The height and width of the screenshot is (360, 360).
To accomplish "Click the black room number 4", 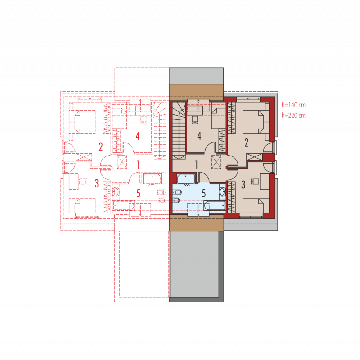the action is pyautogui.click(x=199, y=136).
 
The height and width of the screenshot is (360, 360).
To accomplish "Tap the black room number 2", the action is pyautogui.click(x=247, y=142).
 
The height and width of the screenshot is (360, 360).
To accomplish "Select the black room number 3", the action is pyautogui.click(x=243, y=184).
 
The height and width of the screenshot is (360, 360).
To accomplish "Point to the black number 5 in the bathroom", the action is pyautogui.click(x=204, y=194).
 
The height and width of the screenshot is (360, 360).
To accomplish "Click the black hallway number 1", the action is pyautogui.click(x=196, y=164).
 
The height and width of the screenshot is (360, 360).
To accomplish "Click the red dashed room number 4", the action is pyautogui.click(x=138, y=136).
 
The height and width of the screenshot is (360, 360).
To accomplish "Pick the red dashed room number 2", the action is pyautogui.click(x=101, y=147).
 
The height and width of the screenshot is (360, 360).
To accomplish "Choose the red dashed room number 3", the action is pyautogui.click(x=97, y=183).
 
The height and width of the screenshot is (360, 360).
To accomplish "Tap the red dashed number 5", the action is pyautogui.click(x=139, y=193).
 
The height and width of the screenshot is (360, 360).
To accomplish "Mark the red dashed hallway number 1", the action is pyautogui.click(x=138, y=164).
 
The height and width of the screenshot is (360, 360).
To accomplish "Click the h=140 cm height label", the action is pyautogui.click(x=293, y=105).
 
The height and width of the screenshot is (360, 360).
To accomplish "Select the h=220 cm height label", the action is pyautogui.click(x=293, y=115).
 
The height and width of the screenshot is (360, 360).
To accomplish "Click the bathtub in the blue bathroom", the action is pyautogui.click(x=214, y=205).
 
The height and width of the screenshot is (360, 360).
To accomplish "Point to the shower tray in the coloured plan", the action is pyautogui.click(x=186, y=179).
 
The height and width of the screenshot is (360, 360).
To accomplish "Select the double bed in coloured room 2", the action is pyautogui.click(x=256, y=122).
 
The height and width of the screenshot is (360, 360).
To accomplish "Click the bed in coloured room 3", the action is pyautogui.click(x=256, y=206).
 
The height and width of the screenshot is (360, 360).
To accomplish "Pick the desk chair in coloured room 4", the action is pyautogui.click(x=194, y=120).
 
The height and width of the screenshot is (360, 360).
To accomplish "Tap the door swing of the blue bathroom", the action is pyautogui.click(x=204, y=178).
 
